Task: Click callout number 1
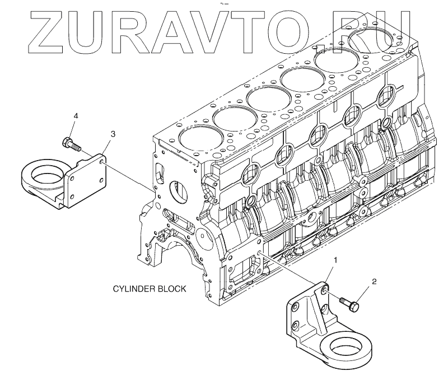click(x=336, y=261)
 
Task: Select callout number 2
click(x=374, y=282)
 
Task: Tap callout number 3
click(x=113, y=134)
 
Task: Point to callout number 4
click(x=76, y=116)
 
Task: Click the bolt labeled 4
click(x=71, y=143)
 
